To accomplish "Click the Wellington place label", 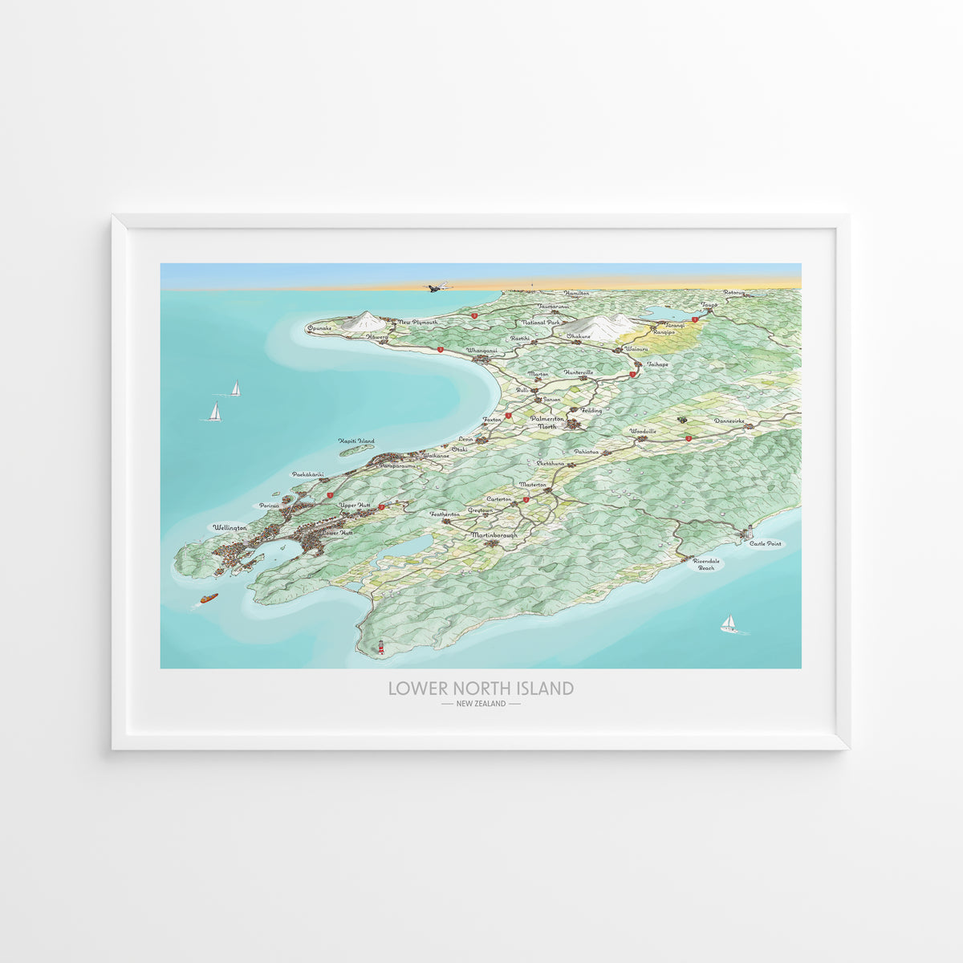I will click(x=230, y=527).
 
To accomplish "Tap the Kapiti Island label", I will click(x=356, y=441).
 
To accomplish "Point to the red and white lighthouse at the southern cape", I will click(x=382, y=648).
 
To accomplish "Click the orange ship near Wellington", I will click(x=209, y=599).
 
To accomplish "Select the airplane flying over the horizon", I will click(x=438, y=286).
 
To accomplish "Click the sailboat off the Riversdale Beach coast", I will click(x=729, y=624).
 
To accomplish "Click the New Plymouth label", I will click(x=418, y=322).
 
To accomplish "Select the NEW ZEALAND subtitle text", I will click(x=481, y=704).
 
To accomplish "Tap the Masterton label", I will click(x=533, y=485).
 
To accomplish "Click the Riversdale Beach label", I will click(x=705, y=564).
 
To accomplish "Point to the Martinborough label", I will click(x=494, y=534).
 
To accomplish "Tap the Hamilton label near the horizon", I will click(x=576, y=294).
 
